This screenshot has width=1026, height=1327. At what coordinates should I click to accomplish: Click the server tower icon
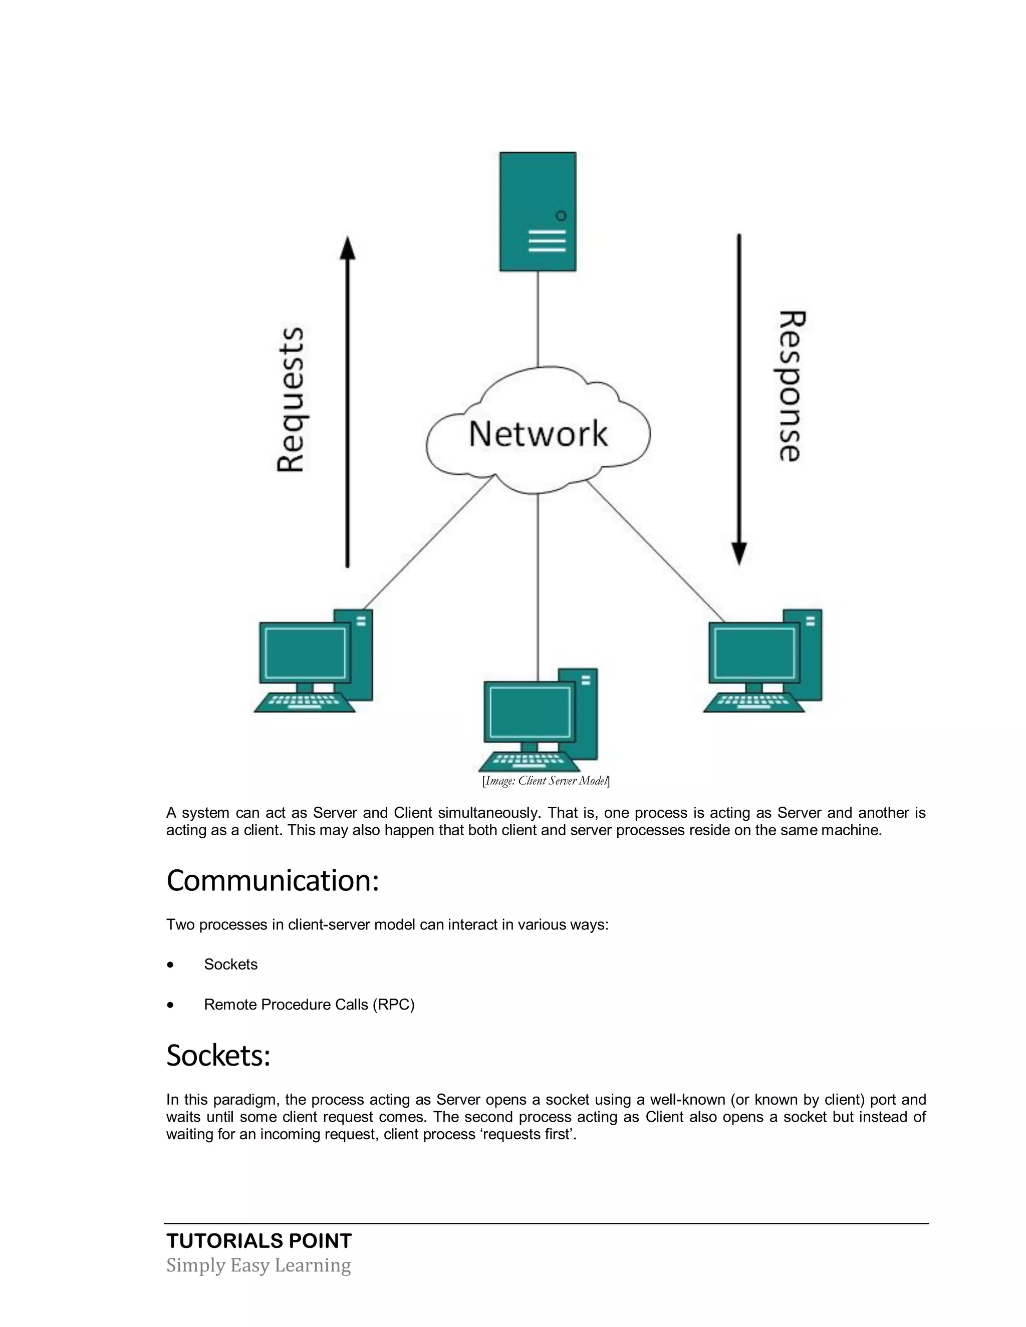(x=538, y=211)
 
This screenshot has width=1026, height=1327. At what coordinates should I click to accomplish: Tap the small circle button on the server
(x=561, y=216)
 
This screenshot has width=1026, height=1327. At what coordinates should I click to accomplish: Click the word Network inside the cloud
(x=538, y=434)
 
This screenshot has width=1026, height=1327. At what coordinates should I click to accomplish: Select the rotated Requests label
(x=290, y=399)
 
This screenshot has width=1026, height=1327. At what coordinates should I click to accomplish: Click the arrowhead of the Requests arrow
(x=347, y=248)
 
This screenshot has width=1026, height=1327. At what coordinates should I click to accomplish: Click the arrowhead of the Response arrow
(x=738, y=553)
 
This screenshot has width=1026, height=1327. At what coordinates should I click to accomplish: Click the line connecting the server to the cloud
(x=538, y=319)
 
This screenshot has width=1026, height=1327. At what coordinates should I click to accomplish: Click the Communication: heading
(x=273, y=881)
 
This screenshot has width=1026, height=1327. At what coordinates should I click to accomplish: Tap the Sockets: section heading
(x=218, y=1056)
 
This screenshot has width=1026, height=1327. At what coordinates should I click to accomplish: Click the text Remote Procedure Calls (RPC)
(x=309, y=1005)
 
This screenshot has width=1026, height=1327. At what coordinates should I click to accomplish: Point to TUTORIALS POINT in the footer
(x=259, y=1241)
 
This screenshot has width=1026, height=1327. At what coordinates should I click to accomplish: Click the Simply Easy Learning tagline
(x=259, y=1265)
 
